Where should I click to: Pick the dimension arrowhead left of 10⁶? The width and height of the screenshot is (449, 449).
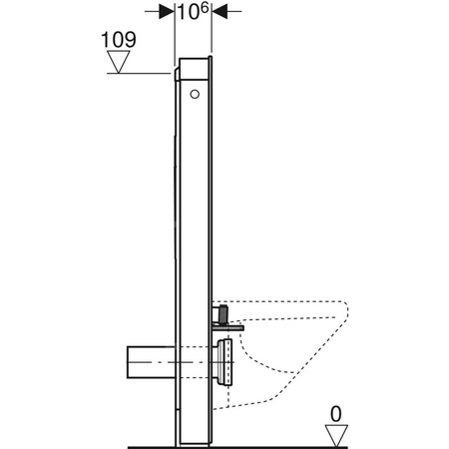click(x=168, y=12)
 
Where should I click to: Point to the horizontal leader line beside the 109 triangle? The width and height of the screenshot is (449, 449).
click(x=150, y=73)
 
